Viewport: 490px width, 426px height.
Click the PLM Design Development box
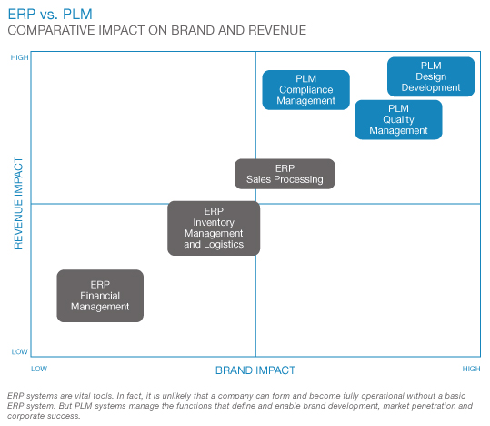[430, 76]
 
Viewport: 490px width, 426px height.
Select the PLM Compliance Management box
[306, 89]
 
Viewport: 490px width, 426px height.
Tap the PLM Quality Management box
[398, 119]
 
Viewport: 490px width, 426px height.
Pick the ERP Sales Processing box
[285, 174]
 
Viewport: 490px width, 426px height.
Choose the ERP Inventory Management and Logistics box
[214, 228]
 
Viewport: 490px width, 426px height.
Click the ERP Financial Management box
[100, 296]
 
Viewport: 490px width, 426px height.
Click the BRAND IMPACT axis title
[255, 370]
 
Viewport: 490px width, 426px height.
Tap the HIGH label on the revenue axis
[19, 57]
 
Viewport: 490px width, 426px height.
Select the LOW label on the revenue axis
[20, 351]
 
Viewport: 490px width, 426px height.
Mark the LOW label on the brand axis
[38, 369]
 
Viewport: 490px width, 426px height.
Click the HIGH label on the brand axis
[471, 369]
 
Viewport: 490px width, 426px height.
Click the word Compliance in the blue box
[306, 90]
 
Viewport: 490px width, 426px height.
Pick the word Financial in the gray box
[100, 296]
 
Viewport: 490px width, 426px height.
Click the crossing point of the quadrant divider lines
[255, 204]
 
